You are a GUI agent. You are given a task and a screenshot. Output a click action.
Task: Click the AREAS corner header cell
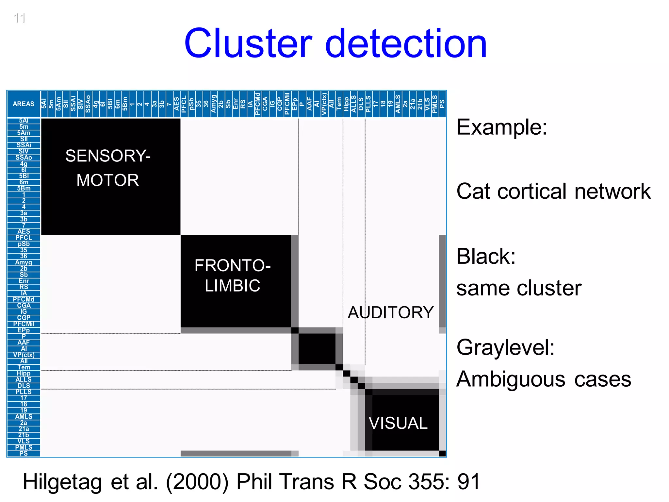point(24,104)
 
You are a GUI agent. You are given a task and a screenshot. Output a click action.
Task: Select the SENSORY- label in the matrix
point(108,156)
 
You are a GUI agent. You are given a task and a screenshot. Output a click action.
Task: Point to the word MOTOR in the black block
point(108,180)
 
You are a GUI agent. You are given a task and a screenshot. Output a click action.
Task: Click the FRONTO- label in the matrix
point(233,265)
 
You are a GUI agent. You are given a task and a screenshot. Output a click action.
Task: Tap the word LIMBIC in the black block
point(233,285)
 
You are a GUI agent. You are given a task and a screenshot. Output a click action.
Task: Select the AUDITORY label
point(391,312)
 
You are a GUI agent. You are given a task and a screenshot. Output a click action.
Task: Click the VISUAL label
point(398,423)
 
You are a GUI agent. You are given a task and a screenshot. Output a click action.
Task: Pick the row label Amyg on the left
point(24,262)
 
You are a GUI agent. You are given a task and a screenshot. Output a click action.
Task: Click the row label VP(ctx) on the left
point(24,355)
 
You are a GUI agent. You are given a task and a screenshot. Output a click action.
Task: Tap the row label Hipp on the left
point(24,373)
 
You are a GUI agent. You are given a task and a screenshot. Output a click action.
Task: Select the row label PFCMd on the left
point(24,299)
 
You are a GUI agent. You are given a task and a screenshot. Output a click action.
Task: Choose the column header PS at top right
point(442,104)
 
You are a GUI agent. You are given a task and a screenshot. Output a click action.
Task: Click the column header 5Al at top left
point(44,104)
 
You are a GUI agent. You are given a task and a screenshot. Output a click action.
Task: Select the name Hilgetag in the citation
point(62,481)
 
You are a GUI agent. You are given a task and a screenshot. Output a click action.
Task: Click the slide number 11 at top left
point(20,18)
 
